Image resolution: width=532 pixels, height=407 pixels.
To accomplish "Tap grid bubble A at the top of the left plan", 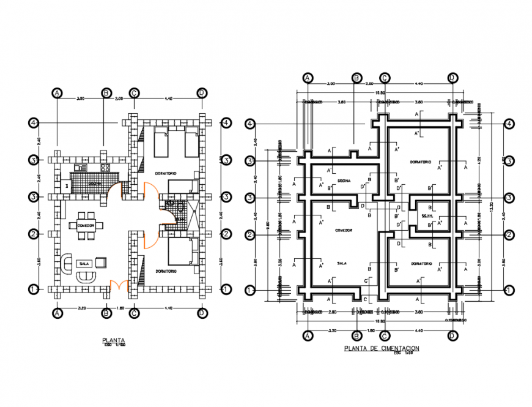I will click(57, 92).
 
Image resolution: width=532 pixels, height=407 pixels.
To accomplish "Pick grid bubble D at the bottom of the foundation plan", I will click(453, 335).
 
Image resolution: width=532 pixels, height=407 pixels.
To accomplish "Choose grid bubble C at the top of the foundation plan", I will click(385, 78).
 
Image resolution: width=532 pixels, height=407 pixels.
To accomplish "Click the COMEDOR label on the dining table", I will click(85, 226).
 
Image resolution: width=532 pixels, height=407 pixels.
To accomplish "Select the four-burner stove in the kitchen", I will click(105, 167).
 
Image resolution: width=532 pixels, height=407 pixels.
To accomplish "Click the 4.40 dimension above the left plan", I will click(168, 98).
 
